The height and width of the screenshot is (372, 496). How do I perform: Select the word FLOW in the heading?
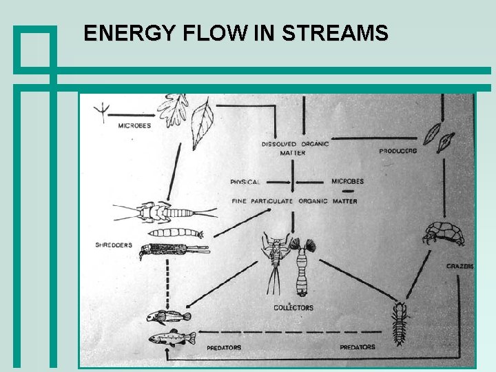207,32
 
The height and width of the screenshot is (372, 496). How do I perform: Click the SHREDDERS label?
114,245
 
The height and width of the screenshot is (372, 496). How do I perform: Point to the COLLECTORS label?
293,307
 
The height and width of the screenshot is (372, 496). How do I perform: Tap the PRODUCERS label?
398,151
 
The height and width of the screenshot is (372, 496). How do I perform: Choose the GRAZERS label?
459,266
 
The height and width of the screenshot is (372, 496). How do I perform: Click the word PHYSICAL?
245,182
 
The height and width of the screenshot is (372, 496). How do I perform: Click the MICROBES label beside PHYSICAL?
348,181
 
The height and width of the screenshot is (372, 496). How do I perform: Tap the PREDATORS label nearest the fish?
224,348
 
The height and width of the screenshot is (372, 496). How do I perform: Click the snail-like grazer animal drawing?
444,234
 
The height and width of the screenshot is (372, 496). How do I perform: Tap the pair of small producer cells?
438,135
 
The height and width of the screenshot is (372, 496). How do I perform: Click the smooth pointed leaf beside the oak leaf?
203,122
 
